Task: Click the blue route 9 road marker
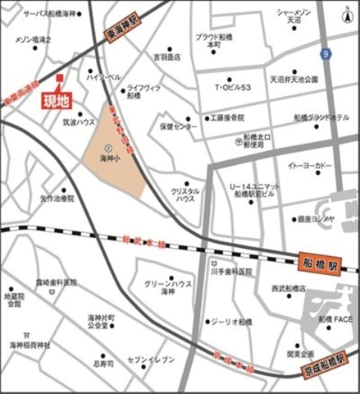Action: click(326, 54)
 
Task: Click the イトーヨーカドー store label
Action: click(310, 165)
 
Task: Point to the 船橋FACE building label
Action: click(336, 318)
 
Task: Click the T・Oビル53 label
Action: click(239, 87)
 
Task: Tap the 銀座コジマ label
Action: click(316, 219)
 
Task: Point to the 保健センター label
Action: click(179, 127)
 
